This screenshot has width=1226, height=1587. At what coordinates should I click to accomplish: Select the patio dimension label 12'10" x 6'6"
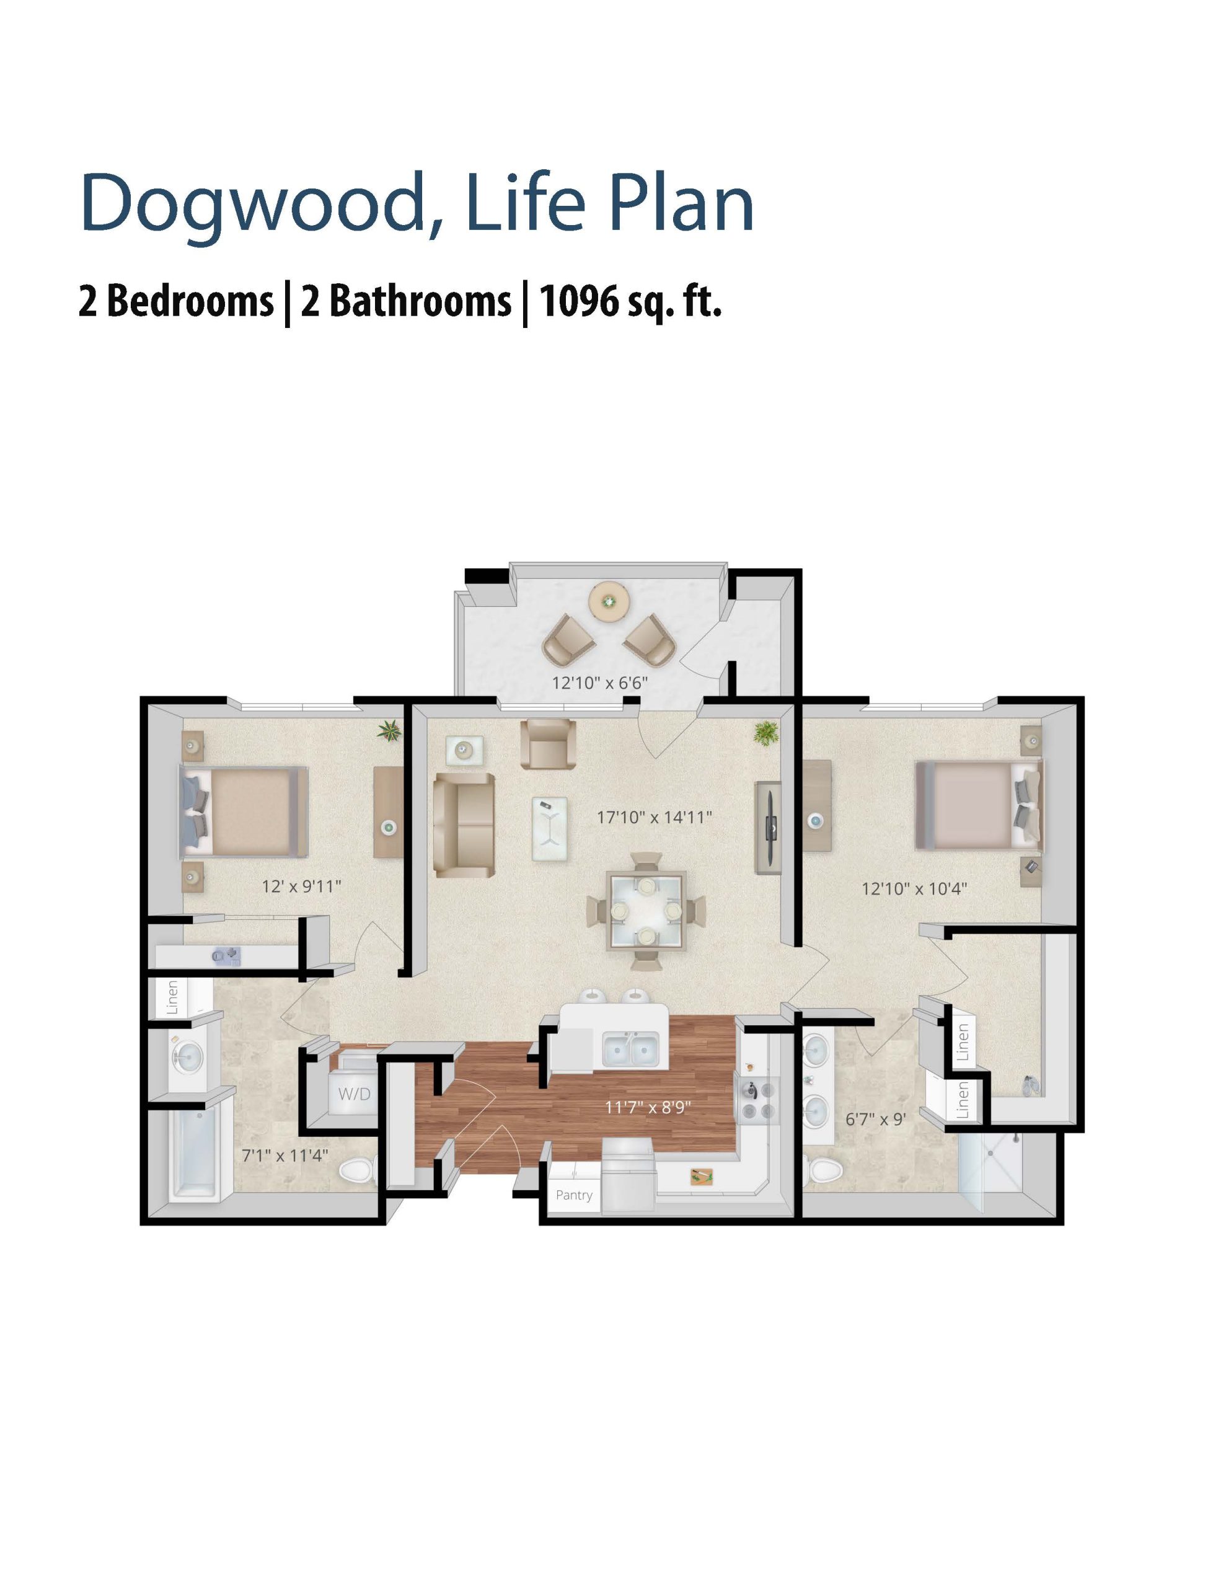599,683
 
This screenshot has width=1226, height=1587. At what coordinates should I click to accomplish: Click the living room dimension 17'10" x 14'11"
654,818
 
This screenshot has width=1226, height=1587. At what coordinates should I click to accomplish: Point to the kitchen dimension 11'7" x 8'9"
648,1107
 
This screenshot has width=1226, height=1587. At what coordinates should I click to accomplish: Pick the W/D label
354,1094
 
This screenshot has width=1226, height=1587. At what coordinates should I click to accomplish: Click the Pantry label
573,1195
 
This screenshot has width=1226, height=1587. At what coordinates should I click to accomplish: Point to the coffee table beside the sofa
549,829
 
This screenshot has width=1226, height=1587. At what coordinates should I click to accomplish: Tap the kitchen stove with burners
758,1102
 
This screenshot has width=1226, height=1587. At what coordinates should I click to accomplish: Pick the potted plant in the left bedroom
389,730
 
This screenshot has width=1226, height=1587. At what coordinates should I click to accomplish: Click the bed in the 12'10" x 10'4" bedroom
979,805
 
